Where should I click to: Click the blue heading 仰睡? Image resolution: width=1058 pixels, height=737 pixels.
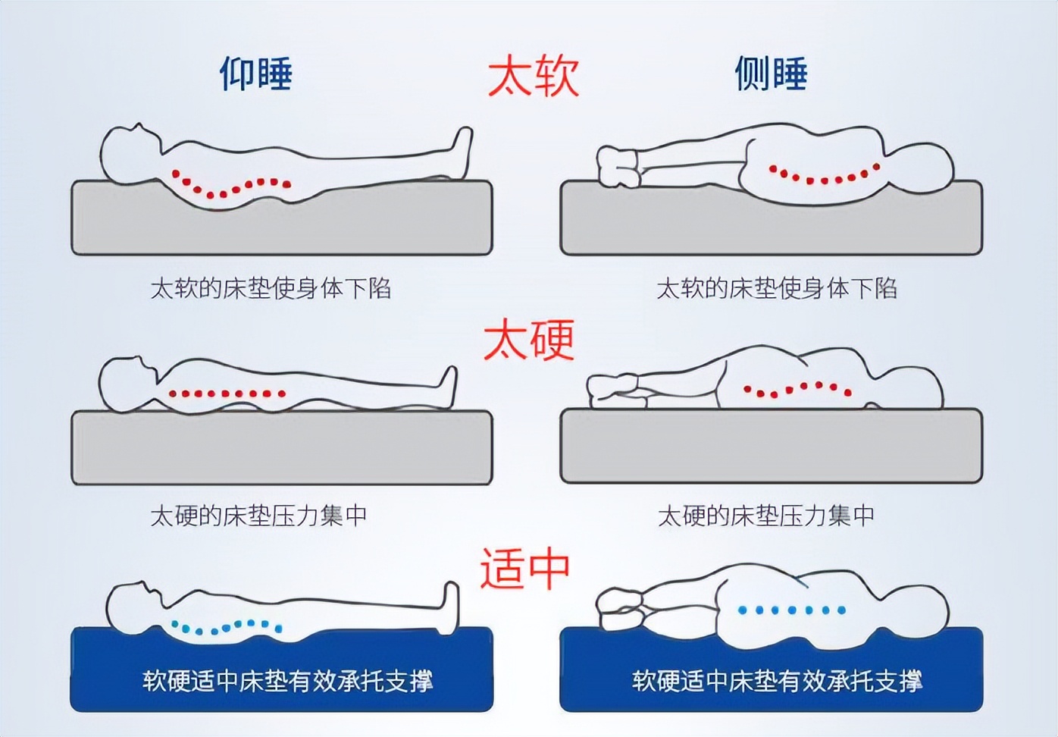coord(256,74)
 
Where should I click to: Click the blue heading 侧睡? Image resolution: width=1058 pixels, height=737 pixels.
coord(771,74)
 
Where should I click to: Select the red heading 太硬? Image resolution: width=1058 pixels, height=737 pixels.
coord(529,339)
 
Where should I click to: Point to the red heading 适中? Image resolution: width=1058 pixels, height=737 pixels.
coord(524,569)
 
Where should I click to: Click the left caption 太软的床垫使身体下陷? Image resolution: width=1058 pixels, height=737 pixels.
coord(271,288)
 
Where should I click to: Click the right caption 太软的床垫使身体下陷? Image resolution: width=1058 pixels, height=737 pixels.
coord(777,288)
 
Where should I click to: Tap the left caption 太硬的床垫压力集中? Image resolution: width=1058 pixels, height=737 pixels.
coord(258,516)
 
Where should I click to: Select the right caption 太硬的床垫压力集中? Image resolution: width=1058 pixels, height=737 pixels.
coord(765,516)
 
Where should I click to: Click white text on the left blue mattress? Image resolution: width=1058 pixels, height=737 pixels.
coord(287,680)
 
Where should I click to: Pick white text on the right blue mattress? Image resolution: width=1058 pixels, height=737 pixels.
coord(777,680)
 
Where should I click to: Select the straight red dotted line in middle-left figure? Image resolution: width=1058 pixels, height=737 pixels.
coord(227,394)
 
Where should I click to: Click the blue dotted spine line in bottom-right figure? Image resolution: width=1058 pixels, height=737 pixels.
coord(792,610)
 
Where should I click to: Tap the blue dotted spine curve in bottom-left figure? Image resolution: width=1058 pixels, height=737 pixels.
coord(227,626)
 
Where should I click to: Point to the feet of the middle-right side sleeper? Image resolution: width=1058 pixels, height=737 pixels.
coord(610,387)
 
